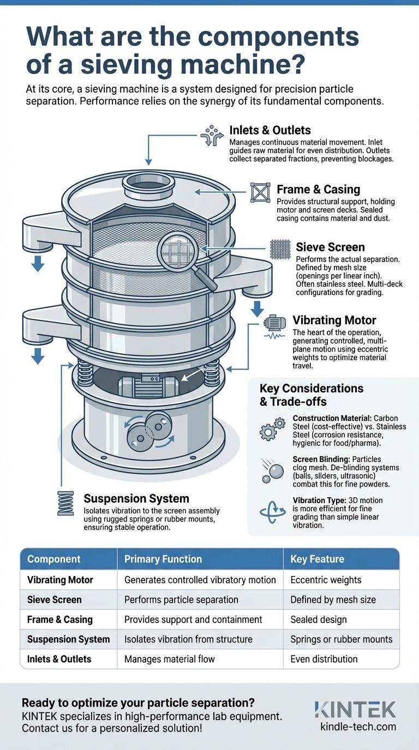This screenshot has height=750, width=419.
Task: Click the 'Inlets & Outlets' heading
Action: (x=270, y=130)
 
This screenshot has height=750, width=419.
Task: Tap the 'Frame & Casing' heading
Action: (x=318, y=189)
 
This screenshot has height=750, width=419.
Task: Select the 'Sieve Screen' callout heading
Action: (x=330, y=247)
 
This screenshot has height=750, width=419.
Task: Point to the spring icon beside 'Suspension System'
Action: (x=65, y=503)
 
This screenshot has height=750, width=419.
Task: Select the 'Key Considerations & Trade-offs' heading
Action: (x=312, y=395)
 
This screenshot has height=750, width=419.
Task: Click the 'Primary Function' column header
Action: (x=163, y=559)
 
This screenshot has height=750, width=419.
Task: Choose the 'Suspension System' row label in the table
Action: (x=68, y=639)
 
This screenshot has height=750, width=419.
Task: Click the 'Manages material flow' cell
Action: (x=170, y=658)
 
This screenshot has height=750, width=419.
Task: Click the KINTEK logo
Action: (x=355, y=709)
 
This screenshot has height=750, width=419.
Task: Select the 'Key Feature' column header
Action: (x=317, y=559)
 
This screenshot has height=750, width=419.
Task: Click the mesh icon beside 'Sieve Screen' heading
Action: (x=278, y=249)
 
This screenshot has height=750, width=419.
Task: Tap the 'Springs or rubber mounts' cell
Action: (x=341, y=639)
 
